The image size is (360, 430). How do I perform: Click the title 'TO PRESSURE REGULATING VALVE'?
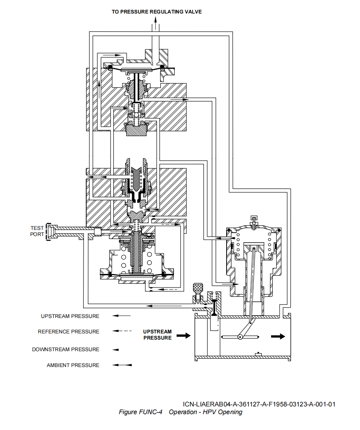(157, 12)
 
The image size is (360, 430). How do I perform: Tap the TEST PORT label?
(37, 231)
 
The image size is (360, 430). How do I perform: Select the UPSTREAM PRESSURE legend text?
(70, 316)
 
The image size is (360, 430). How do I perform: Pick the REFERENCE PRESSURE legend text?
(68, 331)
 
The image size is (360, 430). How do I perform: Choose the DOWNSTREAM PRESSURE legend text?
(66, 349)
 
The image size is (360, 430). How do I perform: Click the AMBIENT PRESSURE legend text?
(73, 365)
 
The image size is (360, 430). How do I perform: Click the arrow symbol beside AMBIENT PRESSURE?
(122, 365)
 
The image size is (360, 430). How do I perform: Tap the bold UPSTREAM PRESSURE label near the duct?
(157, 335)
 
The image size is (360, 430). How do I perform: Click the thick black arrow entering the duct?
(184, 335)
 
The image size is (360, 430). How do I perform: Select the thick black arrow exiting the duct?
(278, 337)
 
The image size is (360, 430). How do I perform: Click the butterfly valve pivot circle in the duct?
(241, 337)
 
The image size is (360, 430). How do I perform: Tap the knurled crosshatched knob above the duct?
(198, 288)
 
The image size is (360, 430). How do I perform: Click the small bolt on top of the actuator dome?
(254, 221)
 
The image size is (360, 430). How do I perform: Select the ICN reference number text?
(259, 405)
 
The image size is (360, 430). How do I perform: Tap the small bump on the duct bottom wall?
(258, 354)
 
